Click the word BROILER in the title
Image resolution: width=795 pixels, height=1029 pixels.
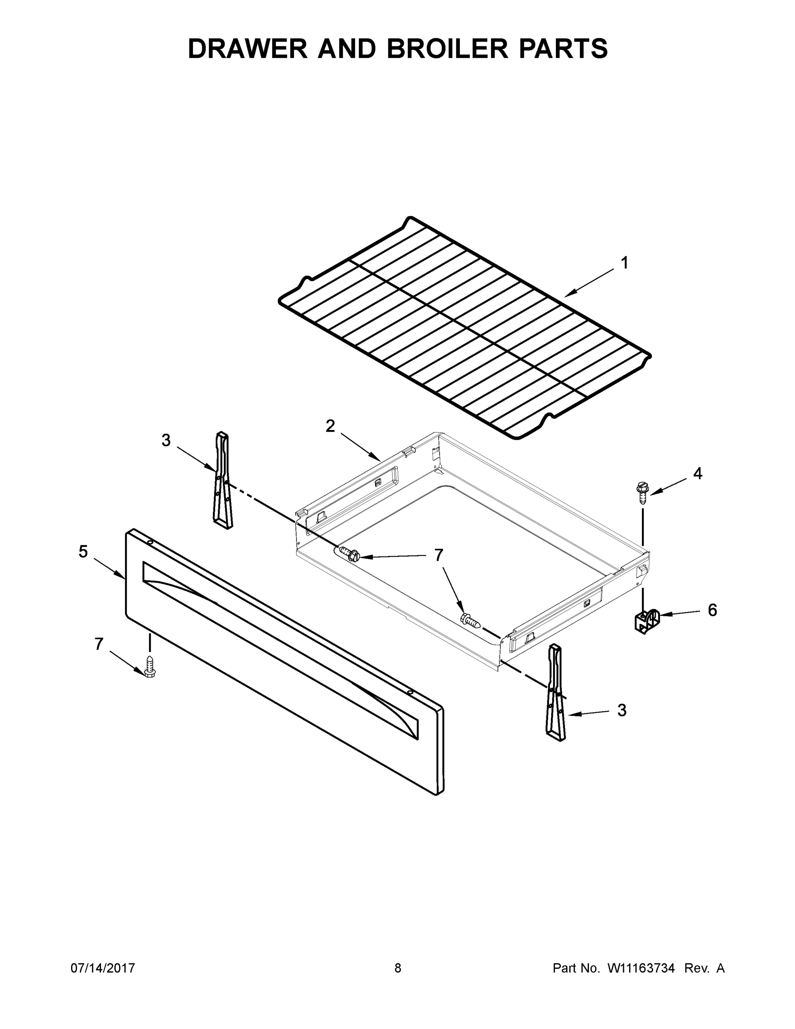447,48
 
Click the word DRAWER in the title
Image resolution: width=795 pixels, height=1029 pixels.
248,48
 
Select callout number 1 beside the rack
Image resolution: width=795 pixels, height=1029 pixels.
624,263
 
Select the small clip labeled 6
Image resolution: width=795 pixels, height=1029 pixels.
646,621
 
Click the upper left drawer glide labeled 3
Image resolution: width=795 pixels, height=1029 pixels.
222,481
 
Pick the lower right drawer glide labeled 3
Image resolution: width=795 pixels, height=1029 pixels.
555,692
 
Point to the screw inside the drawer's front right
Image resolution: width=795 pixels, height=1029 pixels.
471,620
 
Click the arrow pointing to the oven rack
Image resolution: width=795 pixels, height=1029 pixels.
589,283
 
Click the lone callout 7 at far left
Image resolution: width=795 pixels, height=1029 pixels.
99,644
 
